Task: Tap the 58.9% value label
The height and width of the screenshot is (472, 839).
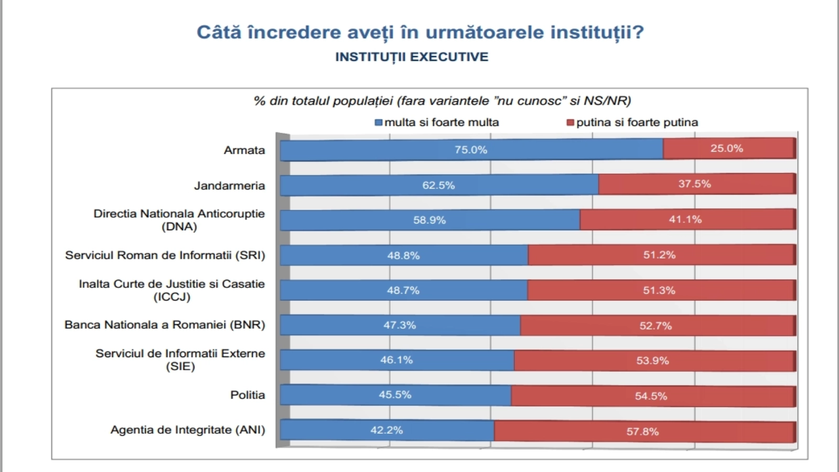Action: (x=429, y=220)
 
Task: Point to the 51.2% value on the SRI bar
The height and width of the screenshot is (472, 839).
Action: (x=659, y=255)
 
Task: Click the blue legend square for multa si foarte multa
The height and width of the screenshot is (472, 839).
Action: (x=378, y=123)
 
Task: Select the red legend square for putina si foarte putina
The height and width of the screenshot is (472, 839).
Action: (x=570, y=123)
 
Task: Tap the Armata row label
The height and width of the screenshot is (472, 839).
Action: (x=244, y=150)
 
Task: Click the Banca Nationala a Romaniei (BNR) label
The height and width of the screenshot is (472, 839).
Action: (x=165, y=325)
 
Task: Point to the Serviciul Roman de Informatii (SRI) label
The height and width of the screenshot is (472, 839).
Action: (x=165, y=255)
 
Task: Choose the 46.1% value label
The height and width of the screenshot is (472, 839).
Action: (x=396, y=360)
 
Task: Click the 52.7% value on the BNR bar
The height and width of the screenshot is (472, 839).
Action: (x=655, y=326)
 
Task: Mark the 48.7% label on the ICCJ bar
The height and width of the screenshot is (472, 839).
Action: (x=403, y=290)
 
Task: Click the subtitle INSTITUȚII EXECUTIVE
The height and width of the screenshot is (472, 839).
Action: (x=412, y=57)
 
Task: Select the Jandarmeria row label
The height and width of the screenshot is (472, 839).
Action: (x=229, y=186)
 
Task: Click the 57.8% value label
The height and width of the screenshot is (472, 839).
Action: (x=642, y=432)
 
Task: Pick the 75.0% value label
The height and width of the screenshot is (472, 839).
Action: (x=471, y=150)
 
